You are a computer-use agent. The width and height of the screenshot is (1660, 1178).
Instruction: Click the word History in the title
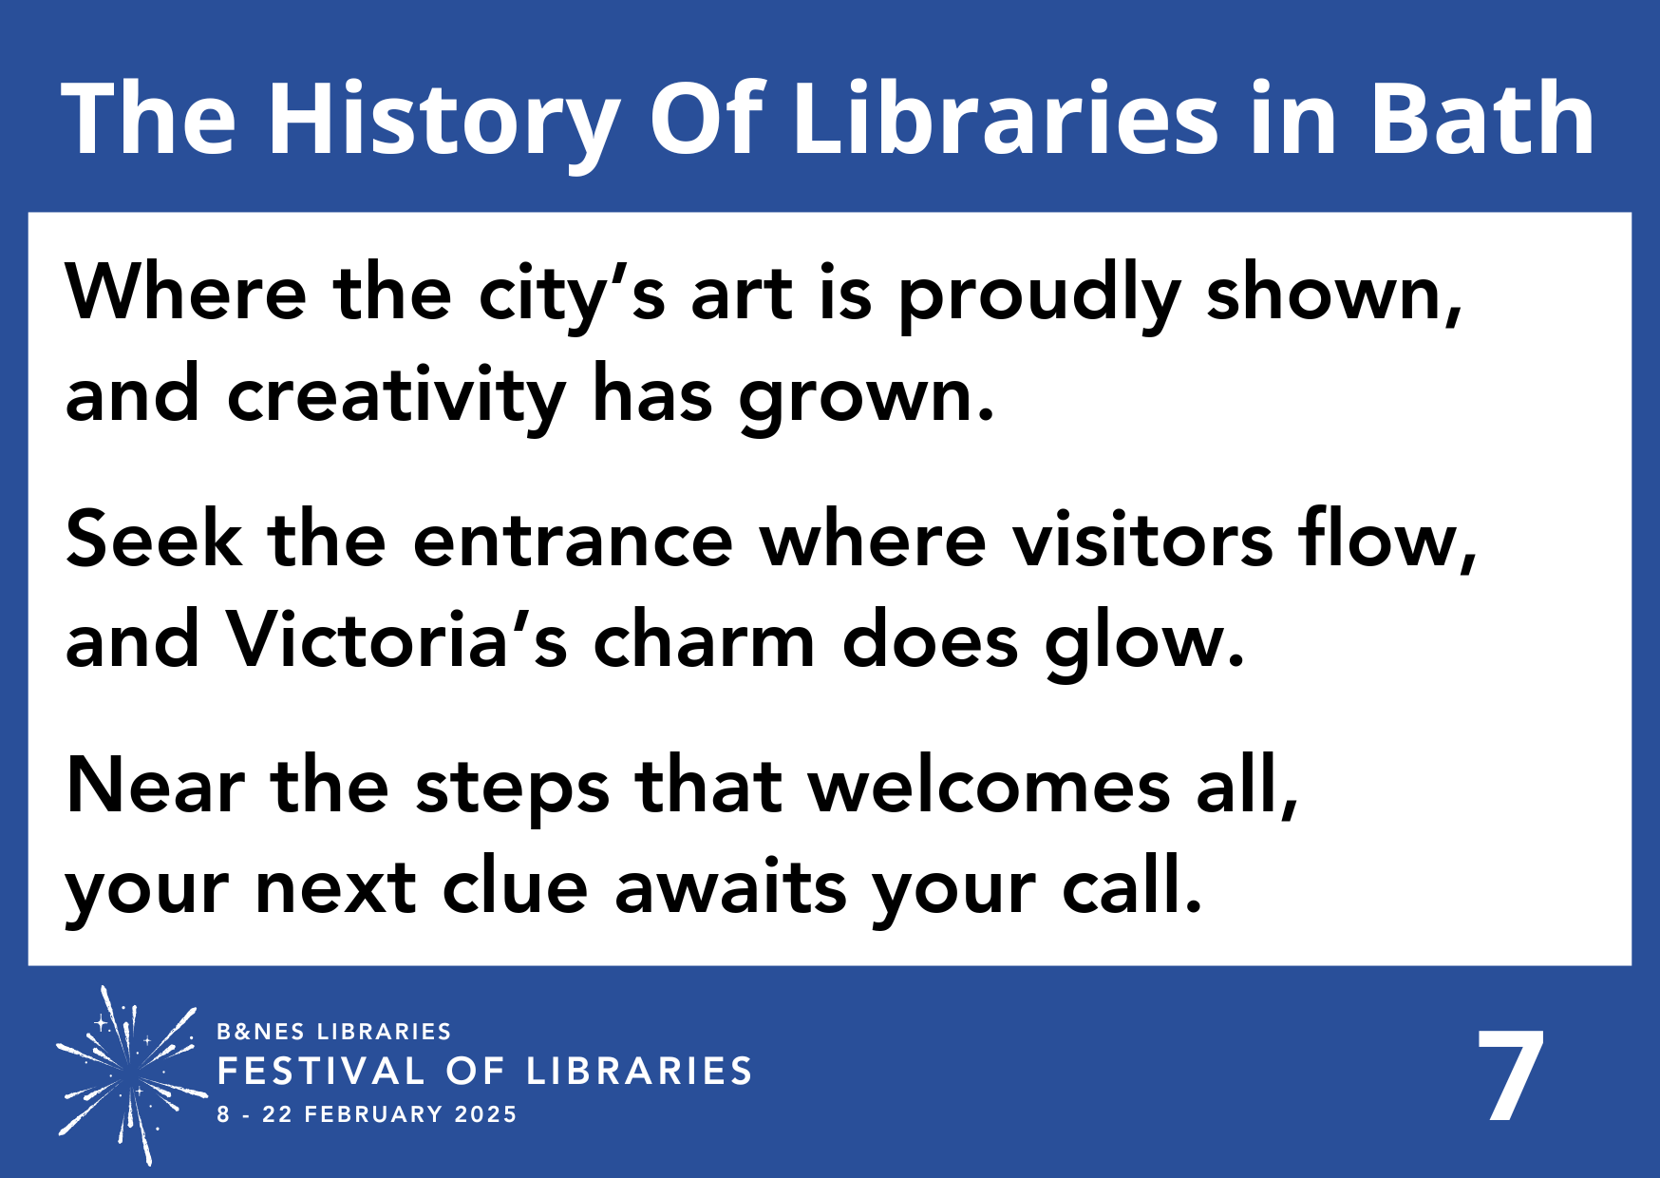tap(442, 120)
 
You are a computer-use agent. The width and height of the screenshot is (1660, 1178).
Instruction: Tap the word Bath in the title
tap(1482, 120)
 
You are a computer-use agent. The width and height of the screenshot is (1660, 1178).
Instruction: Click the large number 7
tap(1510, 1076)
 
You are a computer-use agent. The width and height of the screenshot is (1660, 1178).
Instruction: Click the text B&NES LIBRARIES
tap(333, 1032)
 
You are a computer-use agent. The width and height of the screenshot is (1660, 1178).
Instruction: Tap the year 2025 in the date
tap(485, 1114)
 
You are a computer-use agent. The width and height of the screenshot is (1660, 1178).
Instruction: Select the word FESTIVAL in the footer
tap(321, 1072)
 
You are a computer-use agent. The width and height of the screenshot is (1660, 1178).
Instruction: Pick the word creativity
tap(396, 395)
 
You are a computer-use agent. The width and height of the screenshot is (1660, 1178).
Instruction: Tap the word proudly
tap(1039, 294)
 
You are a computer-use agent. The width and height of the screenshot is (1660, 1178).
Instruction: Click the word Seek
tap(153, 540)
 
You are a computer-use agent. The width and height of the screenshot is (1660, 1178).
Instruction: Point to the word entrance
tap(573, 540)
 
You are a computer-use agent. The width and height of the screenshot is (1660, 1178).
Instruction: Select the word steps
tap(513, 788)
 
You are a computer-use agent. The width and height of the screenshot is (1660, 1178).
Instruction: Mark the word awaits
tap(730, 887)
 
